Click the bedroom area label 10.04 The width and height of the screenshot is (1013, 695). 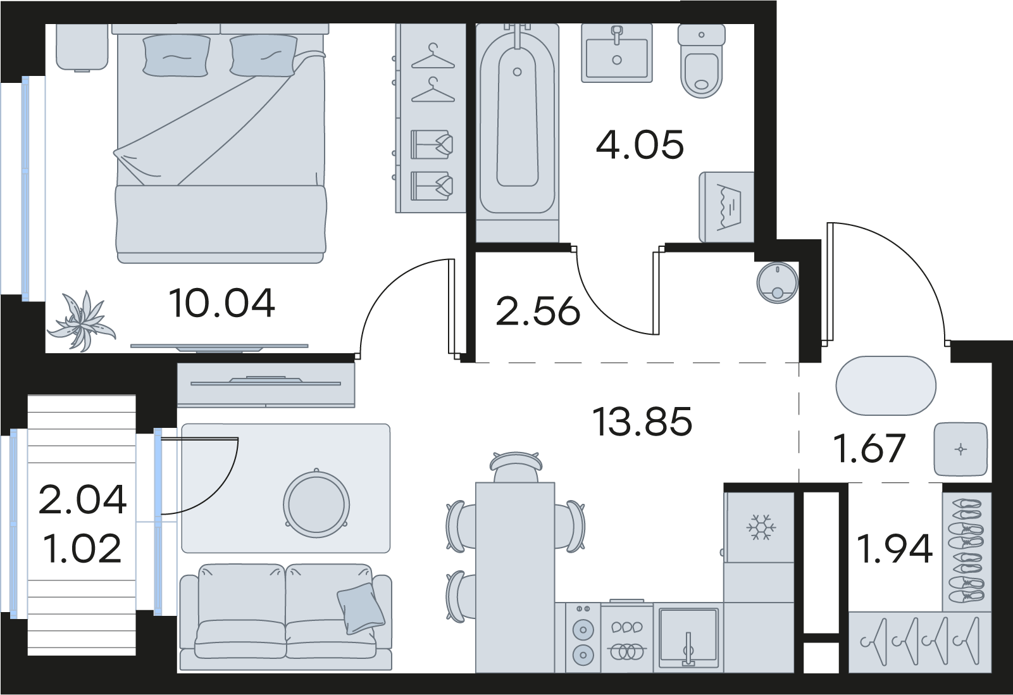[x=221, y=304]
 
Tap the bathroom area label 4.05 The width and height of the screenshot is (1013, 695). [x=640, y=145]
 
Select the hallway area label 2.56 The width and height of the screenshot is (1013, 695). [x=538, y=311]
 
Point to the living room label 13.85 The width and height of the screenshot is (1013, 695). [x=642, y=422]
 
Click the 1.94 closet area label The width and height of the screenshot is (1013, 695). [x=895, y=548]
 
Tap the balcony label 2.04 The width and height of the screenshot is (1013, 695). [x=83, y=499]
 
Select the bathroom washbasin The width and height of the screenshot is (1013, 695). [x=617, y=53]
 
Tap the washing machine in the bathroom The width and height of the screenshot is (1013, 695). [x=726, y=207]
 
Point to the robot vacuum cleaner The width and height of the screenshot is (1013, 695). [x=778, y=283]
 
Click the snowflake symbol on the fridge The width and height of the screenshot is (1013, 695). [x=761, y=527]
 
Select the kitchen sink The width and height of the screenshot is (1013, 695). [x=688, y=637]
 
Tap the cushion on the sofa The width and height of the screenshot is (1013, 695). [x=361, y=608]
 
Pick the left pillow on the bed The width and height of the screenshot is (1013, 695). [x=177, y=56]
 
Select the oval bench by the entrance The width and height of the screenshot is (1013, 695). [x=885, y=386]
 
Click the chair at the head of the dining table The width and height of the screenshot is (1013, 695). [x=516, y=467]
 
